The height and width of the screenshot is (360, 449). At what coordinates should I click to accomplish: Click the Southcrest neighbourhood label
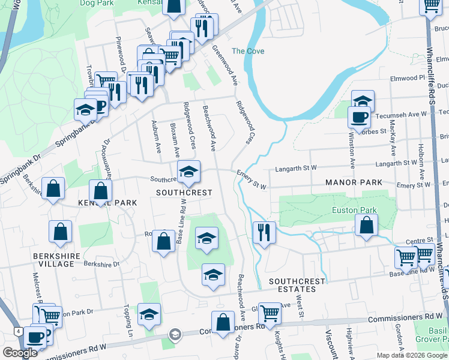pyautogui.click(x=184, y=193)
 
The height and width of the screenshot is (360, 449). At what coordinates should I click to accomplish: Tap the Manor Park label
pyautogui.click(x=353, y=182)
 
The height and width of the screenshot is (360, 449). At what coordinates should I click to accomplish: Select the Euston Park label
pyautogui.click(x=354, y=211)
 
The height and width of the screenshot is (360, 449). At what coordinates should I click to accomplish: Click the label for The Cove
pyautogui.click(x=248, y=51)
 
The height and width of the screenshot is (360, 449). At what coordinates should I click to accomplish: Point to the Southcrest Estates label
pyautogui.click(x=297, y=286)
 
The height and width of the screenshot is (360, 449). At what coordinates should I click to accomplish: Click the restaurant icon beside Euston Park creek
pyautogui.click(x=264, y=232)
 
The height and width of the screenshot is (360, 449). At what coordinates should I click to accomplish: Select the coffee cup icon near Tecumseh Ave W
pyautogui.click(x=360, y=116)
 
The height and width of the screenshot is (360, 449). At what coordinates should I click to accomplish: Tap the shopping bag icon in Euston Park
pyautogui.click(x=366, y=226)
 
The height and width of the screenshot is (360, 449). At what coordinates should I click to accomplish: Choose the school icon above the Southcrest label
pyautogui.click(x=188, y=173)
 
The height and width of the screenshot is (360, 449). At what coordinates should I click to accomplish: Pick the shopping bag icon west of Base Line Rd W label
pyautogui.click(x=164, y=242)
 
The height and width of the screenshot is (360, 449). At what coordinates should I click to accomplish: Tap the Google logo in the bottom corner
pyautogui.click(x=20, y=353)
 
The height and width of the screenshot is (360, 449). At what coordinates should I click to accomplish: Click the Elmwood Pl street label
pyautogui.click(x=407, y=78)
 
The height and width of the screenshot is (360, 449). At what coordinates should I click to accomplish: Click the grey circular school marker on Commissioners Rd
pyautogui.click(x=175, y=334)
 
